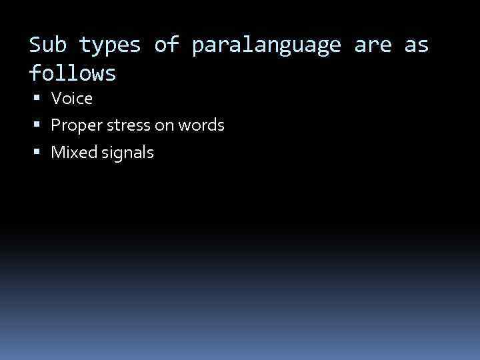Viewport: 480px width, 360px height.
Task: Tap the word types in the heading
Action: click(110, 45)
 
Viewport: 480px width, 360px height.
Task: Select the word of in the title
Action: click(166, 45)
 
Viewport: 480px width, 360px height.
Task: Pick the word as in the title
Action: click(416, 45)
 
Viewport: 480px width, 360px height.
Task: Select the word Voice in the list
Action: click(72, 99)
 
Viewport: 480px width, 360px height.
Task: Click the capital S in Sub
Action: click(35, 45)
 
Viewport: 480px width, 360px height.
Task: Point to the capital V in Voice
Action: click(56, 99)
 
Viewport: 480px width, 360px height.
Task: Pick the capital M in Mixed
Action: click(57, 153)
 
